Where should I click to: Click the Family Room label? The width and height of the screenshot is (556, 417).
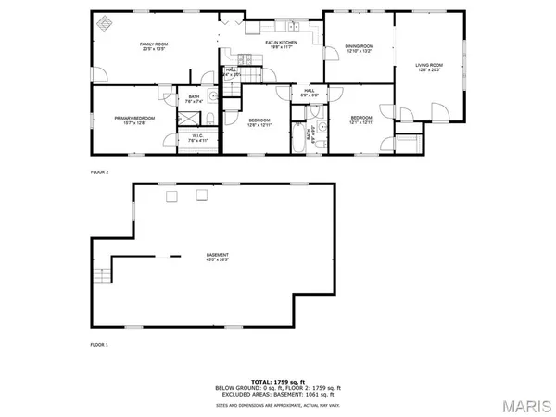152,44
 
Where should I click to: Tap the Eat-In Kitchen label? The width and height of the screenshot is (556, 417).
281,44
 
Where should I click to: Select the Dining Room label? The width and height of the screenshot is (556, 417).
359,45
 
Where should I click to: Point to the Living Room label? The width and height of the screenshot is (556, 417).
429,65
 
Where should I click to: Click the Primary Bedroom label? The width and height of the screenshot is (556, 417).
134,118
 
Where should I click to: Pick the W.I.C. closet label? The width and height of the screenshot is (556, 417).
197,135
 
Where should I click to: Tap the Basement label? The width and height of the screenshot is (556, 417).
218,255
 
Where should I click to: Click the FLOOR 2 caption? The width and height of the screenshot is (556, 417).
99,172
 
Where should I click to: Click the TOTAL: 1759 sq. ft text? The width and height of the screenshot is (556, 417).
278,382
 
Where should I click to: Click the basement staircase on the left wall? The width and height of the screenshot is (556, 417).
101,275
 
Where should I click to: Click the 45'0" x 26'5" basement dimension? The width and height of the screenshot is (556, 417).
218,260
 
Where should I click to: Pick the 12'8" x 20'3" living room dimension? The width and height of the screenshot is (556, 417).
429,69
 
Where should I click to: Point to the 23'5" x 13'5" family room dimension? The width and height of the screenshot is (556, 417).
152,49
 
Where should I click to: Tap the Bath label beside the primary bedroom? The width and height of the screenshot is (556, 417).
194,96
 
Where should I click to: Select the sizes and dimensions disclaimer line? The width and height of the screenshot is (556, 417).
278,405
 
